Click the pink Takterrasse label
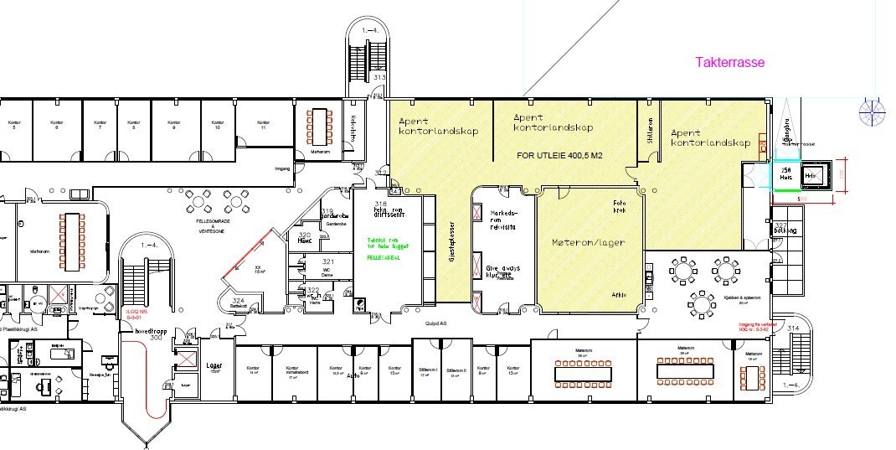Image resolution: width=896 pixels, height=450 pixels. tap(730, 62)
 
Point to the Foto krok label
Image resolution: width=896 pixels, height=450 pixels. tap(621, 206)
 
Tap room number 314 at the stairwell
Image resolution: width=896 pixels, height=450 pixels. tap(794, 328)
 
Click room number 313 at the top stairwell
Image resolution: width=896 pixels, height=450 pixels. tap(378, 77)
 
